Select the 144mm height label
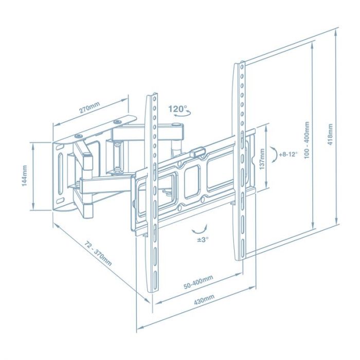[24, 176]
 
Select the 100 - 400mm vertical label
[307, 140]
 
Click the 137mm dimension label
[262, 158]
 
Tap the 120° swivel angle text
[178, 109]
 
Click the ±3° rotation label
[202, 240]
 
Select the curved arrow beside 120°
[180, 118]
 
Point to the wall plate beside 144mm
[61, 175]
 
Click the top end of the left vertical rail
[153, 96]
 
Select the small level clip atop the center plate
[197, 153]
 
